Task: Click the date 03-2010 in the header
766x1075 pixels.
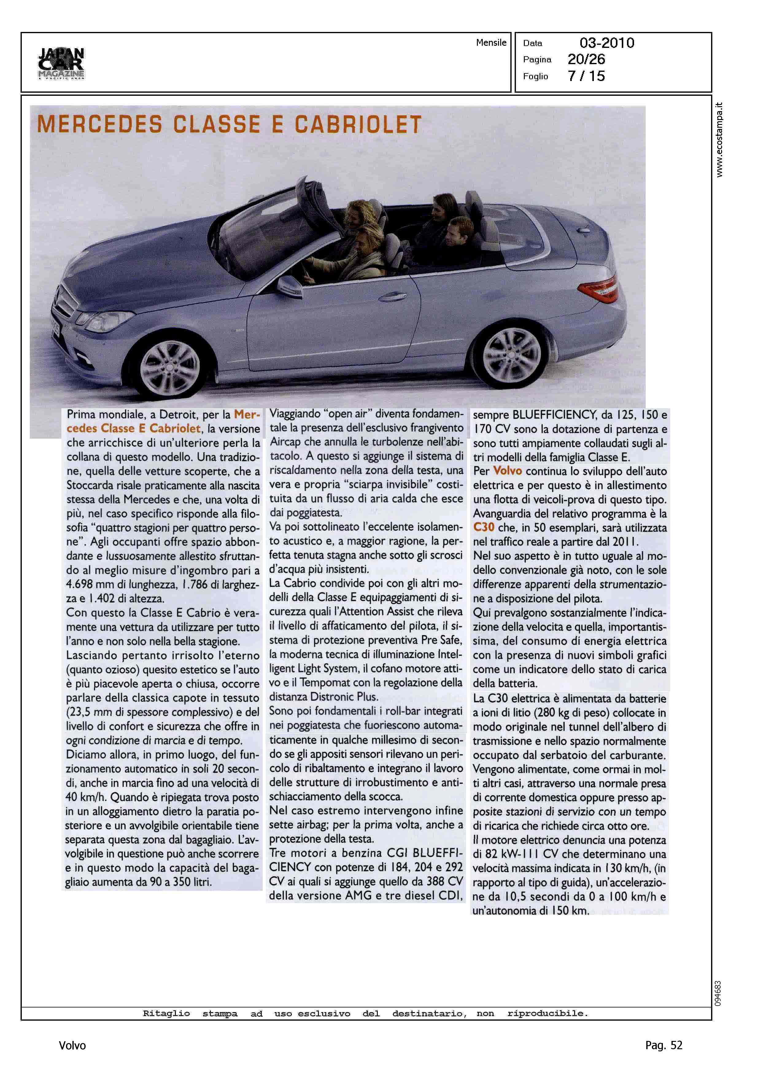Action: [x=607, y=43]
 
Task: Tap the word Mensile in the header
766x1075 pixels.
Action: [x=491, y=42]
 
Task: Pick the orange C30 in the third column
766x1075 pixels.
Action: [x=483, y=527]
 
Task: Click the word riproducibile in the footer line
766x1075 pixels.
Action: [x=547, y=1013]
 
